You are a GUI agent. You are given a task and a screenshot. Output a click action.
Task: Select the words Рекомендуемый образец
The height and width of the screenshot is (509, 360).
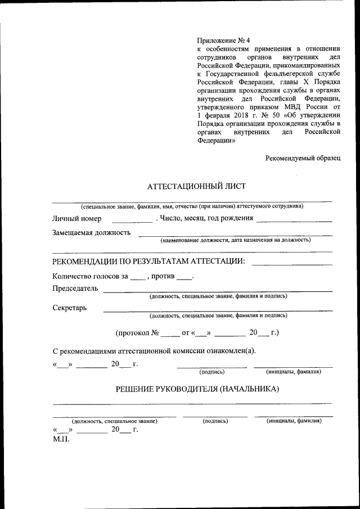click(x=303, y=158)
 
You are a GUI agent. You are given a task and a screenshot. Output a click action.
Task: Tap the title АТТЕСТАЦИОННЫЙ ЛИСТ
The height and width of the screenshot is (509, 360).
click(x=196, y=186)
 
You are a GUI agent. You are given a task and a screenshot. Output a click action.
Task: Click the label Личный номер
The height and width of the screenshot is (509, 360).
click(x=76, y=218)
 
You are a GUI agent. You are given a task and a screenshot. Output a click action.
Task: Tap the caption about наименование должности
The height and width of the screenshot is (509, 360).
click(x=235, y=240)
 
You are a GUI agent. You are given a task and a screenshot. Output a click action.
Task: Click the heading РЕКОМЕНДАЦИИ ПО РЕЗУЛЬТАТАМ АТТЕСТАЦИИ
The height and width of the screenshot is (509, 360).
click(x=148, y=262)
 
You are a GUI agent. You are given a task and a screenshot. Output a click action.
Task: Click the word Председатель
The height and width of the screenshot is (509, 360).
click(x=75, y=289)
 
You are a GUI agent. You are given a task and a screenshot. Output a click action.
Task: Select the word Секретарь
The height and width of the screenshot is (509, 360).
click(x=70, y=308)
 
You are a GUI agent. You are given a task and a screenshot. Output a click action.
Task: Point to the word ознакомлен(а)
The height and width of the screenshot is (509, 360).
click(x=230, y=352)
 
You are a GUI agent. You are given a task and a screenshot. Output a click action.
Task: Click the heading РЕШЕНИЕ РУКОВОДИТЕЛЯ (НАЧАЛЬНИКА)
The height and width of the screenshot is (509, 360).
click(x=197, y=389)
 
